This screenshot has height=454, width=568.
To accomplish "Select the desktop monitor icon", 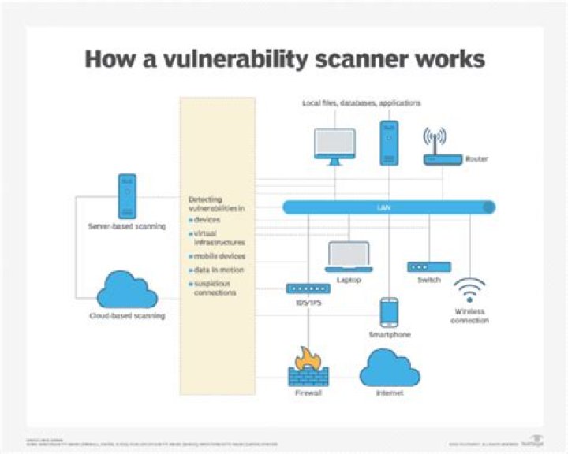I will [x=334, y=146].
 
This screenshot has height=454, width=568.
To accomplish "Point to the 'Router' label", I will [x=476, y=158].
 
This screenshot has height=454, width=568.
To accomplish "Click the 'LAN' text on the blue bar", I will [x=389, y=207].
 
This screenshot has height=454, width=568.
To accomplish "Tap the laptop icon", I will [x=349, y=258].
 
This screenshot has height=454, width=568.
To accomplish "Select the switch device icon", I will [x=429, y=267].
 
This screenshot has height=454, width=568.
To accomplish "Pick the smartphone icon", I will [x=389, y=312].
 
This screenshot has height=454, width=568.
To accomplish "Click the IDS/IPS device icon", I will [x=307, y=288].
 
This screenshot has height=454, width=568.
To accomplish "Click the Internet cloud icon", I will [x=389, y=366].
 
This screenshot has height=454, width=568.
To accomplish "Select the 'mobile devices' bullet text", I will [x=219, y=256].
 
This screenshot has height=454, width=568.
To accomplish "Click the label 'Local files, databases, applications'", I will [x=361, y=103].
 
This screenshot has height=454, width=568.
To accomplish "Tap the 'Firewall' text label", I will [x=307, y=392].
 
